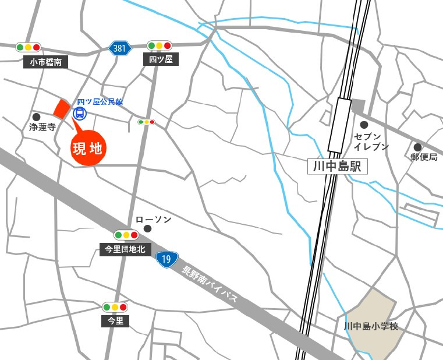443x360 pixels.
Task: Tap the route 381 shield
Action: [119, 48]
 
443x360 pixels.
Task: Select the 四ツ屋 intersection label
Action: [161, 59]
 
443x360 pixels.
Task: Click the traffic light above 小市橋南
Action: [28, 47]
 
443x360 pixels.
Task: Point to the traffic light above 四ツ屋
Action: [159, 45]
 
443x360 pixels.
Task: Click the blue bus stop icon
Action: [79, 112]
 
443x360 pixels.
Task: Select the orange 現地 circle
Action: [88, 149]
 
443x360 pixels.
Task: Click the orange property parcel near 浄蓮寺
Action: [61, 108]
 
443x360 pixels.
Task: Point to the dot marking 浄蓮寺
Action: [37, 117]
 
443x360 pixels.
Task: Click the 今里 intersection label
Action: [115, 321]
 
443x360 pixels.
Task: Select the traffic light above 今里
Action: [115, 307]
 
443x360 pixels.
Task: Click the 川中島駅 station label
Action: [337, 167]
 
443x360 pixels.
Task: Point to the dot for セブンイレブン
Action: [364, 125]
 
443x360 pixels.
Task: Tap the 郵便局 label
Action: [424, 157]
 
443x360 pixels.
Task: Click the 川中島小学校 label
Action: [371, 326]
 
